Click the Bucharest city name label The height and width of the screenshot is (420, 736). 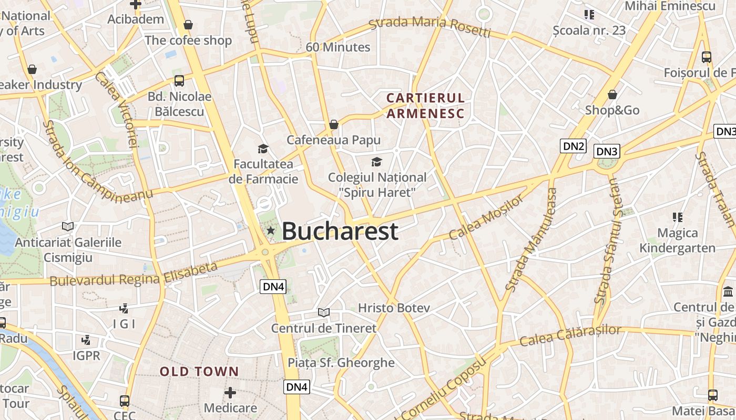[340, 232]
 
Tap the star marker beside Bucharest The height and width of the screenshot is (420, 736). [271, 230]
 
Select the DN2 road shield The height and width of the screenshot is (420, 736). [573, 146]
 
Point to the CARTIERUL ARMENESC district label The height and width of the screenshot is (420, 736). [426, 106]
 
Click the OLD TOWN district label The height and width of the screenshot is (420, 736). [199, 372]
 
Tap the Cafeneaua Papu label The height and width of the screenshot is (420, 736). [333, 140]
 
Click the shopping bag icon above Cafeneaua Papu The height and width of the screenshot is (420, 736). [333, 124]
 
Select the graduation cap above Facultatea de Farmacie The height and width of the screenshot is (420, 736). [263, 149]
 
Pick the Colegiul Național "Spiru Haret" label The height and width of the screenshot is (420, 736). [377, 185]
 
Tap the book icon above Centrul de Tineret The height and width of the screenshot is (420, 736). [324, 312]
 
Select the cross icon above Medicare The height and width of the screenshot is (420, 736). [230, 393]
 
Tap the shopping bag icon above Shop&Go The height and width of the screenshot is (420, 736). [612, 94]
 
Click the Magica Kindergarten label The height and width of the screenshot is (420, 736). [678, 240]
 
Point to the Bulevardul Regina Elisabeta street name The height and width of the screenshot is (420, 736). [134, 275]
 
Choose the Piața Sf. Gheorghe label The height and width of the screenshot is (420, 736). [341, 362]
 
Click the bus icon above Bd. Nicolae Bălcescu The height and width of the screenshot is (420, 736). [179, 81]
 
